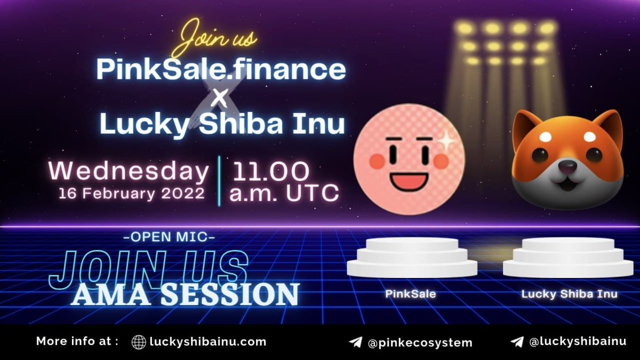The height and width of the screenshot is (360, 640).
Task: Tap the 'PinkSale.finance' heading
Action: click(221, 69)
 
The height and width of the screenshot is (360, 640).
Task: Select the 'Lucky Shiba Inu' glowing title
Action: click(222, 124)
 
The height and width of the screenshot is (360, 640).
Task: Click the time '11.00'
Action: click(269, 171)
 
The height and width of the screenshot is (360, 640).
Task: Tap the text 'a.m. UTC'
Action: click(284, 193)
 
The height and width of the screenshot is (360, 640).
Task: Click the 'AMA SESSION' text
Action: click(185, 294)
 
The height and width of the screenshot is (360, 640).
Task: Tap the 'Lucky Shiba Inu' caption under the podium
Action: click(569, 293)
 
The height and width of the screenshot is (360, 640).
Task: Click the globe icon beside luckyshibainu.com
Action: click(139, 342)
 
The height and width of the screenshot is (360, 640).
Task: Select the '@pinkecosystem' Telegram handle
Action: click(420, 342)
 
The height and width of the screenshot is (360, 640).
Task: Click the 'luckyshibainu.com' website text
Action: click(209, 341)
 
